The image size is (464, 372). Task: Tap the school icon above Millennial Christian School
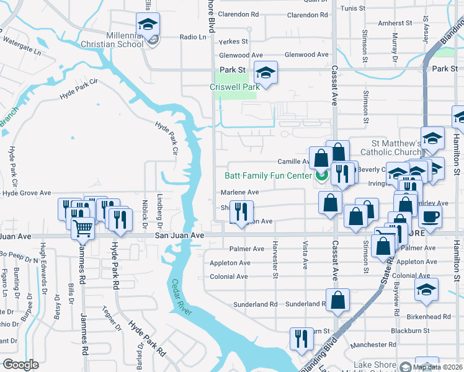[148, 25]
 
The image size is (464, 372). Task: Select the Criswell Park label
[235, 87]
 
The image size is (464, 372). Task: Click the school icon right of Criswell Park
[265, 73]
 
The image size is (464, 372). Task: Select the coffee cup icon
[431, 216]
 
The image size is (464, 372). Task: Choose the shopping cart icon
[83, 228]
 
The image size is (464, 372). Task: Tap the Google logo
[20, 365]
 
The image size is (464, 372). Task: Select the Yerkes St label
[233, 42]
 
